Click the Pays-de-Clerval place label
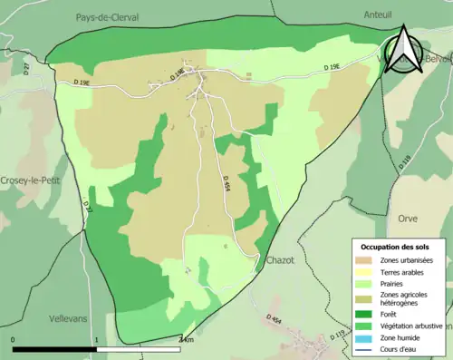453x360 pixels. [101, 15]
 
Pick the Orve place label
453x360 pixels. [407, 219]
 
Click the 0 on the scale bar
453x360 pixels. [13, 340]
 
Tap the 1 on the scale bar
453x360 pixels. [96, 340]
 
